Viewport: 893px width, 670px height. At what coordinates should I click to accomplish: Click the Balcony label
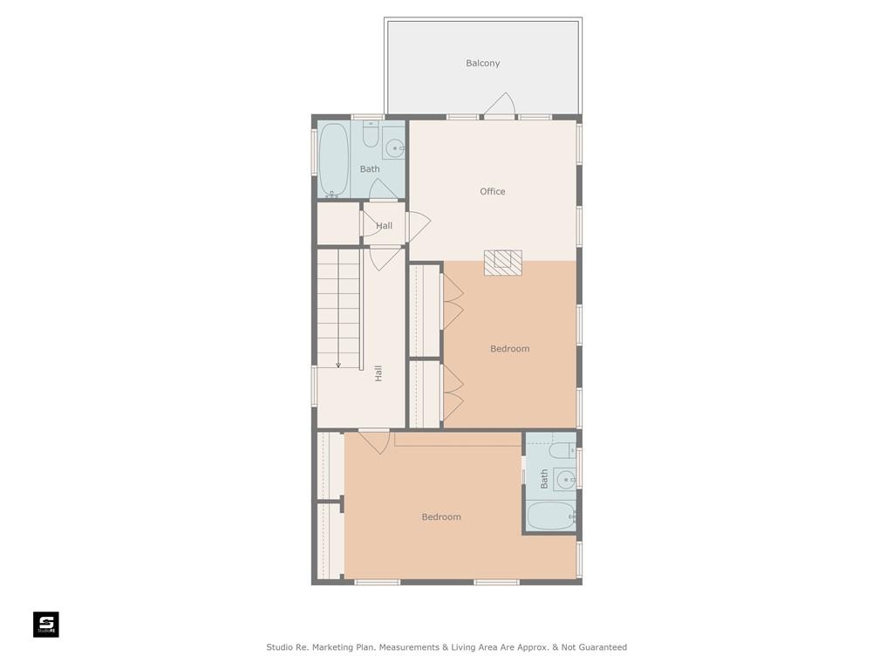click(482, 63)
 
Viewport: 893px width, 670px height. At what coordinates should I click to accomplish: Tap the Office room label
click(492, 191)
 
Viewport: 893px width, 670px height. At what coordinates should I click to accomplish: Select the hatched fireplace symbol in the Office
click(503, 263)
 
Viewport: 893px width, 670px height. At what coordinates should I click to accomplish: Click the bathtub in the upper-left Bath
click(333, 161)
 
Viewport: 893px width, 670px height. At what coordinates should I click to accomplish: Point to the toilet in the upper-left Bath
click(371, 133)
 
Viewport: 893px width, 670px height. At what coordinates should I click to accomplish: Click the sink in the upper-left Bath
click(394, 148)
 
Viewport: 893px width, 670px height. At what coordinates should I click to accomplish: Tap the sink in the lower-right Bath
click(566, 481)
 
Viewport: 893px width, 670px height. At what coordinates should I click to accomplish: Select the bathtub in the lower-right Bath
click(551, 515)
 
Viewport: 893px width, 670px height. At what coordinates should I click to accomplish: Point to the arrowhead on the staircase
click(338, 365)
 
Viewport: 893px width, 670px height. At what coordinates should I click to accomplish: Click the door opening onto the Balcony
click(500, 105)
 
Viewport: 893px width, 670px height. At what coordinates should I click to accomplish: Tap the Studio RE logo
click(46, 625)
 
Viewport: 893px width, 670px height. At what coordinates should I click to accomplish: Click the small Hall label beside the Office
click(384, 226)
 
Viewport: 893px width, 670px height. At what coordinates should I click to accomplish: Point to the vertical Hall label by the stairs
click(378, 373)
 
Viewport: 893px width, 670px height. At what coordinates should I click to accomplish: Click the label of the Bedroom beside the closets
click(509, 349)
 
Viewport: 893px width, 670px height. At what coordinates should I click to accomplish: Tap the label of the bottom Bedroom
click(441, 516)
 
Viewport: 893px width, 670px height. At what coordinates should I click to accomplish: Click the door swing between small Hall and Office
click(419, 225)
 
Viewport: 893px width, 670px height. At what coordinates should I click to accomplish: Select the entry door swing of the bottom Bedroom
click(375, 442)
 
